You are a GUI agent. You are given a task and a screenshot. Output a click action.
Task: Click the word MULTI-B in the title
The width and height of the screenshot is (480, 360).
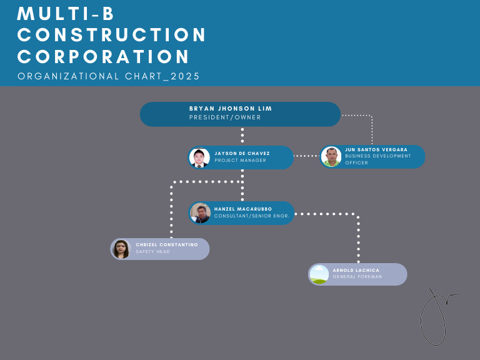click(66, 14)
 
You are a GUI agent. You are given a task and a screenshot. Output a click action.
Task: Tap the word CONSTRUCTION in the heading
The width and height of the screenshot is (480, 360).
click(112, 35)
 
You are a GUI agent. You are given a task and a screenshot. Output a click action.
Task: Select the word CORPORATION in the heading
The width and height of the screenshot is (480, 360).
click(104, 57)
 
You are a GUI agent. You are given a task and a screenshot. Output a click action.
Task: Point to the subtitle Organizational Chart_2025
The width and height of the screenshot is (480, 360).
click(109, 76)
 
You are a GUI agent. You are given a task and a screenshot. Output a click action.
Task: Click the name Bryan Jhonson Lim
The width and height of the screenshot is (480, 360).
click(231, 109)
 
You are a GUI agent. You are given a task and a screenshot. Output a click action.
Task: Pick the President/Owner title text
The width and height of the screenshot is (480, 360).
click(225, 117)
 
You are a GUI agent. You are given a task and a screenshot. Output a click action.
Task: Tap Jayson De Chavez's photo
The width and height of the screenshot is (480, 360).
click(199, 157)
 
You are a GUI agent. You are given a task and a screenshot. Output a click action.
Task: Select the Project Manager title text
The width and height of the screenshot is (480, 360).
click(240, 161)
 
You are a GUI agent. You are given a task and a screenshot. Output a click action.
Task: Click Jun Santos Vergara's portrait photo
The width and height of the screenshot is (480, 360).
click(331, 157)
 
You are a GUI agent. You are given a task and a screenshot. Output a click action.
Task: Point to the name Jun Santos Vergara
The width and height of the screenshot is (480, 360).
click(376, 150)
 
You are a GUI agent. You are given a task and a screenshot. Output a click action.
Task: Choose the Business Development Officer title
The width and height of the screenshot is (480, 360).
click(377, 159)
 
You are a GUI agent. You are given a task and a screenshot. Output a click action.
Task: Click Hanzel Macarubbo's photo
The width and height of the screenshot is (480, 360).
click(200, 213)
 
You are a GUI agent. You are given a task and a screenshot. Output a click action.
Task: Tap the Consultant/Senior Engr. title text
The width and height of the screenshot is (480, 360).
click(251, 216)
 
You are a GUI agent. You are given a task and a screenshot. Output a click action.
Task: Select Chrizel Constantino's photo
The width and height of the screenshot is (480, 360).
click(121, 249)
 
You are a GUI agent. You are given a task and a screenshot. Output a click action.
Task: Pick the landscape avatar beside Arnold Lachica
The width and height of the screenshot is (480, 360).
click(319, 274)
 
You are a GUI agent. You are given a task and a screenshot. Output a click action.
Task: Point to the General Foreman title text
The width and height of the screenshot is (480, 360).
click(357, 277)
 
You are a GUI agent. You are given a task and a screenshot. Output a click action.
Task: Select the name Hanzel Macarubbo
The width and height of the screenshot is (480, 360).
click(242, 209)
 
